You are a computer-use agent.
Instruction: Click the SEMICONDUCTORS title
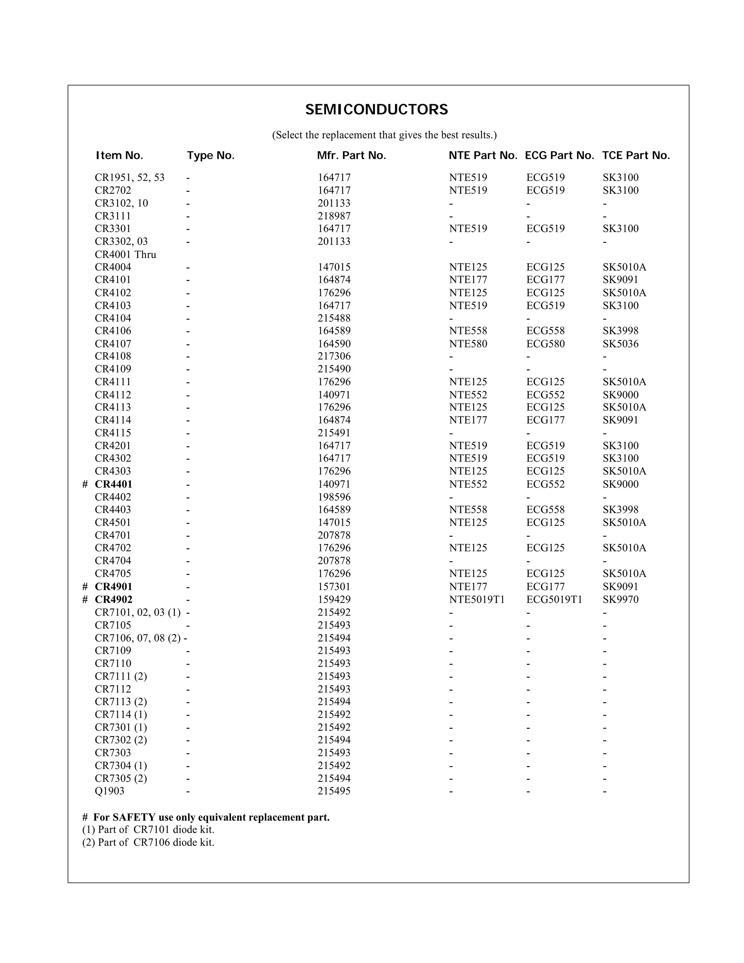click(376, 109)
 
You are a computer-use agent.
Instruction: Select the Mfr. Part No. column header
click(351, 156)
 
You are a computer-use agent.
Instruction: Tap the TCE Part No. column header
click(636, 156)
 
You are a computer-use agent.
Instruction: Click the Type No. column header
click(211, 156)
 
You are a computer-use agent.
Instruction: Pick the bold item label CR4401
click(113, 484)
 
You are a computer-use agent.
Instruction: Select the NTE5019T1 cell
click(477, 599)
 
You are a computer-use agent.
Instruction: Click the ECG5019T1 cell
click(554, 599)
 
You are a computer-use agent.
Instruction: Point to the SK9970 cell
click(620, 599)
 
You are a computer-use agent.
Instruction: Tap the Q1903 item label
click(109, 791)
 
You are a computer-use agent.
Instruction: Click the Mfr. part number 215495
click(334, 791)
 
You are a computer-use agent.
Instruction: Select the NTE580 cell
click(468, 343)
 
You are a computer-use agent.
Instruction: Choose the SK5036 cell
click(620, 343)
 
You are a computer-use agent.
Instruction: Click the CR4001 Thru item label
click(125, 254)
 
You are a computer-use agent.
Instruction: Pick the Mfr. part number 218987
click(334, 216)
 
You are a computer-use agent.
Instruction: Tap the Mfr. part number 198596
click(334, 497)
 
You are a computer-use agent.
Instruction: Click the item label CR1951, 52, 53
click(130, 178)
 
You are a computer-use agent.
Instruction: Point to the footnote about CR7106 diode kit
click(148, 842)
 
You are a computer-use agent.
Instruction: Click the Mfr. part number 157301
click(334, 587)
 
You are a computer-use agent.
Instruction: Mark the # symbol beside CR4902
click(85, 600)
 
